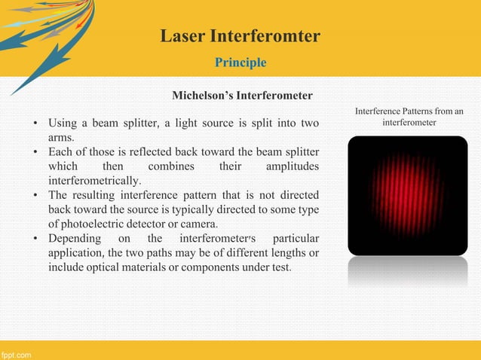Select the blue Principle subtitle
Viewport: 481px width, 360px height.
240,62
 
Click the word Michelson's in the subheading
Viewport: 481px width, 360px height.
203,96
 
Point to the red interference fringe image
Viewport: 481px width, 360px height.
407,195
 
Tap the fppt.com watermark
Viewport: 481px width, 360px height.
16,353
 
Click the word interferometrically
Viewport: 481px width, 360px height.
93,181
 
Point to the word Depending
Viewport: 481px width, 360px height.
75,238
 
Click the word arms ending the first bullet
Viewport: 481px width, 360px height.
60,138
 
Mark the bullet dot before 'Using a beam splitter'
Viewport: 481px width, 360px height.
35,123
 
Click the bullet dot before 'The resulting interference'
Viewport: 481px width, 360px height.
35,195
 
